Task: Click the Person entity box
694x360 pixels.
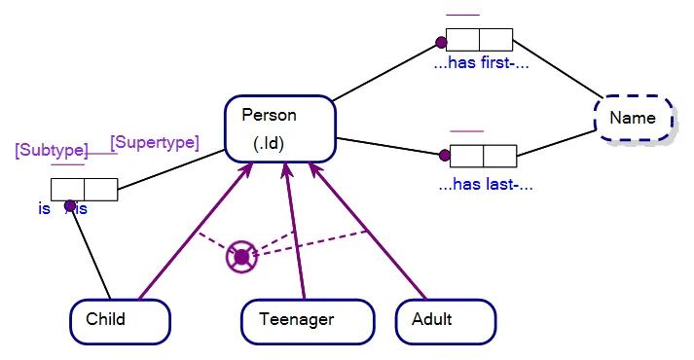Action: tap(280, 129)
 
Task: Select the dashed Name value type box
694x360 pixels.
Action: tap(634, 119)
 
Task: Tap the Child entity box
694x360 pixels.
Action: tap(120, 320)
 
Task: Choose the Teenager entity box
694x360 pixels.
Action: tap(307, 320)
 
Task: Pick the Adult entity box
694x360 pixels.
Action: tap(445, 320)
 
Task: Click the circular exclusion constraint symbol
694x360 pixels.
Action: tap(240, 257)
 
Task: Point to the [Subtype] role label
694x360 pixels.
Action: tap(52, 151)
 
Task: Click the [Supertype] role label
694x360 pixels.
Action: tap(155, 142)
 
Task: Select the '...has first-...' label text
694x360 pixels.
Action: tap(481, 66)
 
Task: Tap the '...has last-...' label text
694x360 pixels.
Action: tap(486, 183)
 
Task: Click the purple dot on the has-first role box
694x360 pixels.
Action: tap(441, 43)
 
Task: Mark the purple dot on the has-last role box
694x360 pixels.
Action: tap(445, 154)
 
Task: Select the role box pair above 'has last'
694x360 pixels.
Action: tap(483, 156)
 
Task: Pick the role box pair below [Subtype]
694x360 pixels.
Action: tap(85, 189)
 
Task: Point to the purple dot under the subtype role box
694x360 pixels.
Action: tap(70, 205)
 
